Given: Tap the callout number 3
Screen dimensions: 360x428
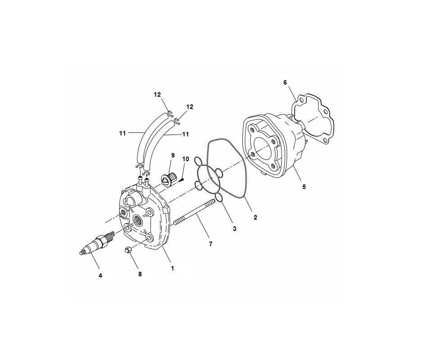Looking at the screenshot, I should (x=234, y=229).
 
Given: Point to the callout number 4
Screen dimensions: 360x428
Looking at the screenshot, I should (x=100, y=275).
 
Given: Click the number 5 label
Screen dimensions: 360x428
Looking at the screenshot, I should (x=304, y=187).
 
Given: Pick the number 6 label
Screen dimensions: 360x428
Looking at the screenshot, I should (x=285, y=82).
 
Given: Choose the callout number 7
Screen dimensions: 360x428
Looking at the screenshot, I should (x=210, y=243).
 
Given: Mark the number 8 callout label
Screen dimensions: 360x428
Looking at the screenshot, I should (x=140, y=274).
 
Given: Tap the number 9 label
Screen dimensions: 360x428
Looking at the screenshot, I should (x=172, y=155).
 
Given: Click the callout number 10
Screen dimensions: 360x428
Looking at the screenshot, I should (x=185, y=159).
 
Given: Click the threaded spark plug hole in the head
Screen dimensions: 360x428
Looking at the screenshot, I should (x=137, y=220).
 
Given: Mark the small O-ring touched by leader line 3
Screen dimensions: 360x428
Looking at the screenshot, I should (x=220, y=198).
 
